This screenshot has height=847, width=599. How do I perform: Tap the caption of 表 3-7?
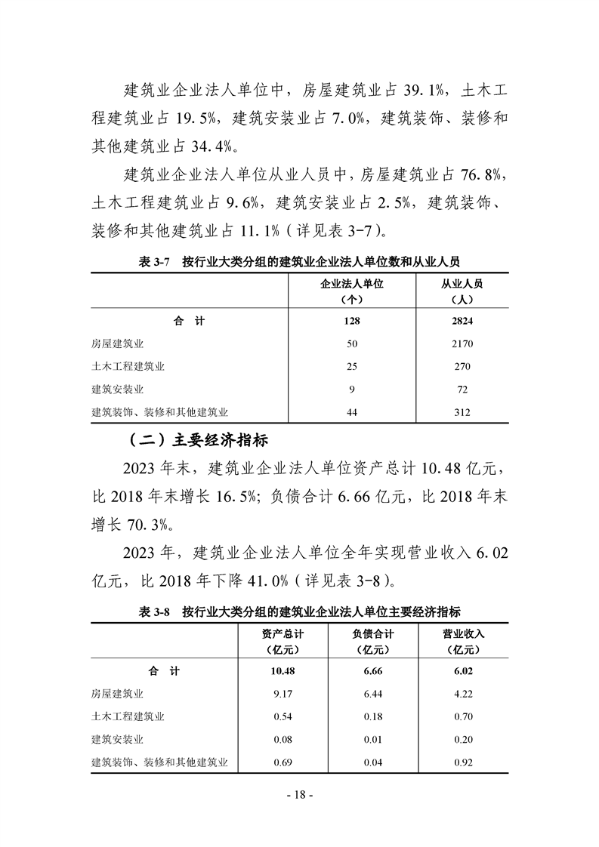(x=299, y=261)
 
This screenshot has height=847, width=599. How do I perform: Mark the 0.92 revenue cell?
(x=462, y=762)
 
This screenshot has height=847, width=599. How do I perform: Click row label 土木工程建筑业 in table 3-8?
(x=128, y=716)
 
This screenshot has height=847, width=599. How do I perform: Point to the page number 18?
(x=299, y=794)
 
